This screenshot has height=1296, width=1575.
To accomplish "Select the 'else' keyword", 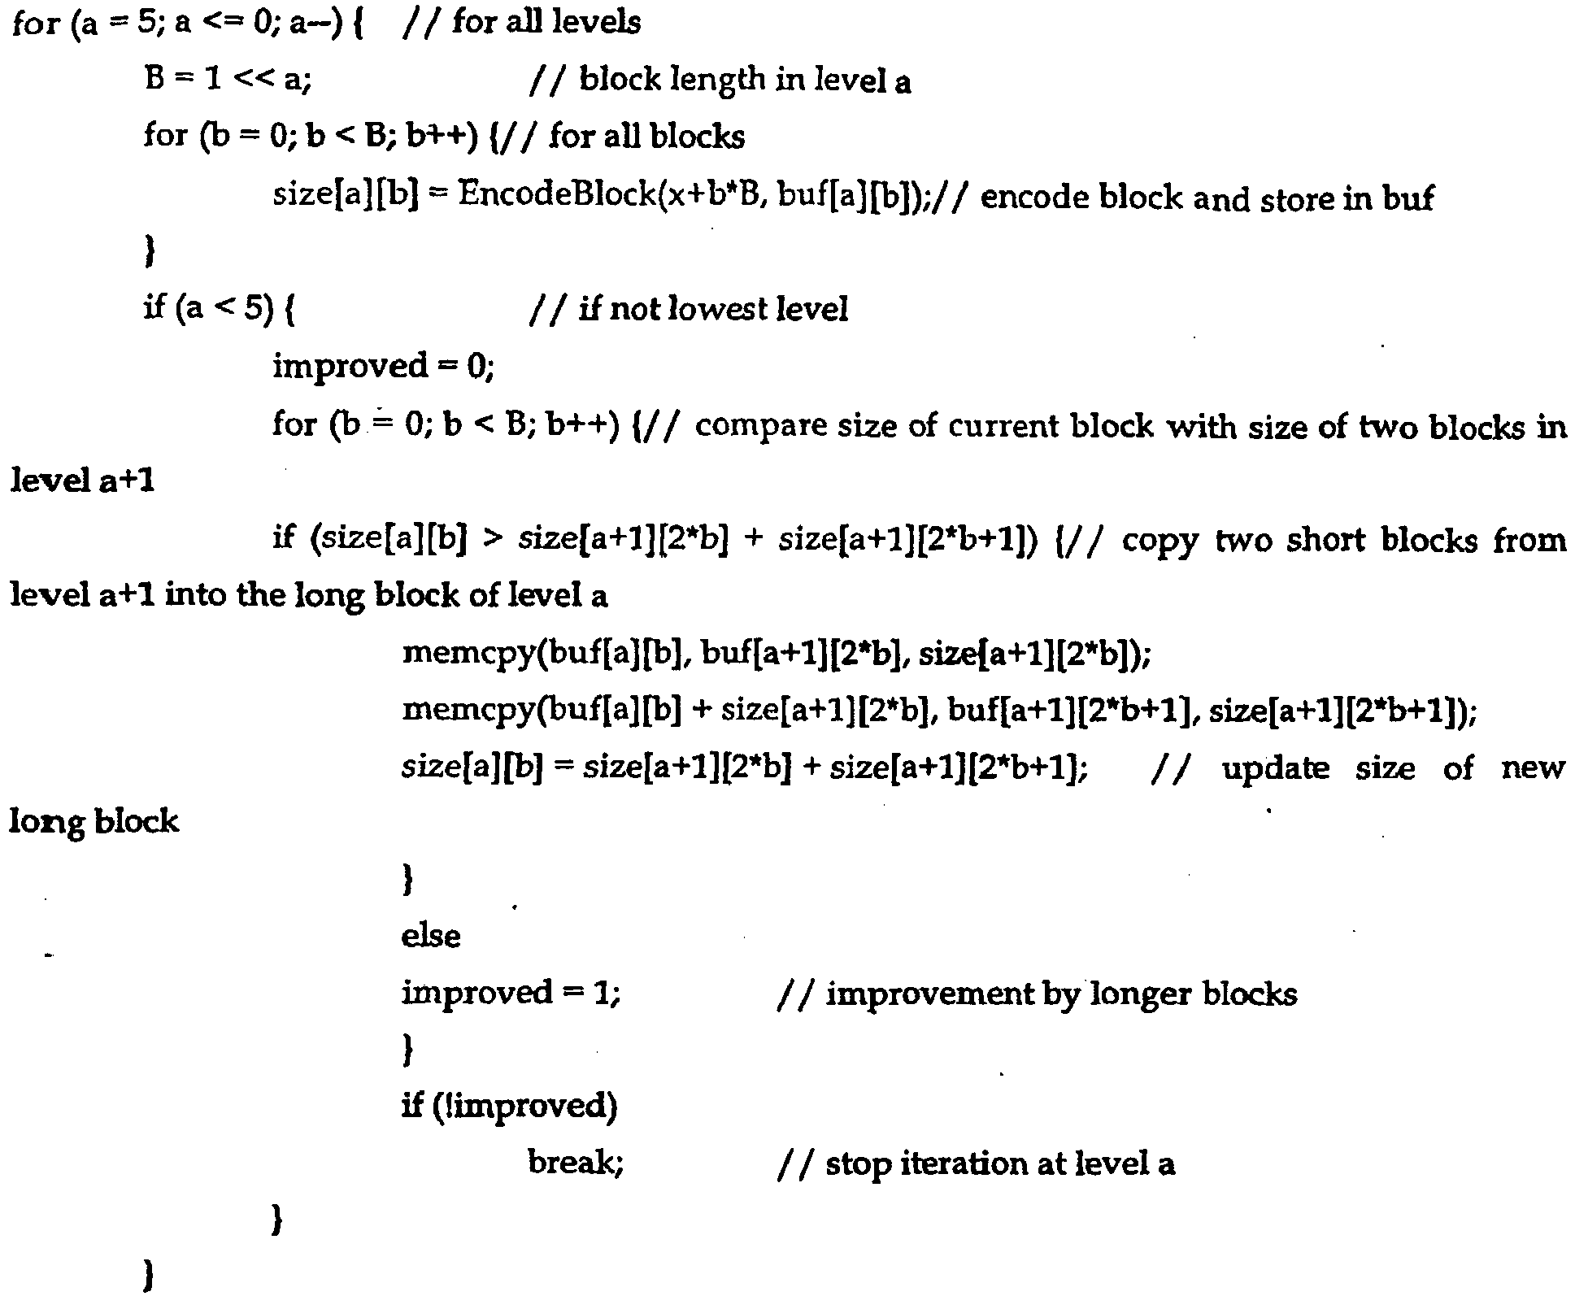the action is pyautogui.click(x=430, y=935).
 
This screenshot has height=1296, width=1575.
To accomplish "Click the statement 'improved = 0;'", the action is pyautogui.click(x=383, y=366).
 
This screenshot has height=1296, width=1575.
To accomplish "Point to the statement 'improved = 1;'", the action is pyautogui.click(x=511, y=992).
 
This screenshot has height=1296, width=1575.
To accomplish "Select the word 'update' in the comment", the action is pyautogui.click(x=1275, y=768).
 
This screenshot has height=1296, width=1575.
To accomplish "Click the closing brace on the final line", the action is pyautogui.click(x=149, y=1276).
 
